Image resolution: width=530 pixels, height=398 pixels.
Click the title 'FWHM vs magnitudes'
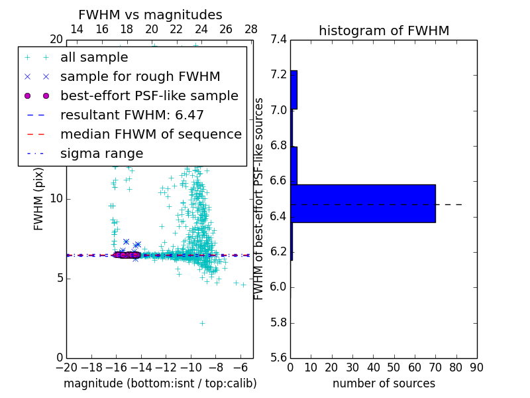(x=150, y=15)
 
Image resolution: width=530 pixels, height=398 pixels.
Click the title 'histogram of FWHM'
(x=384, y=31)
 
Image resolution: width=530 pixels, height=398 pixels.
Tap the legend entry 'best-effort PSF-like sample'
(x=149, y=96)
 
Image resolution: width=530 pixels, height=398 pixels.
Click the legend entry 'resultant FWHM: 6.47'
(x=132, y=115)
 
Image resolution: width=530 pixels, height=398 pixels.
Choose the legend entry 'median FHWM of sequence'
(x=150, y=134)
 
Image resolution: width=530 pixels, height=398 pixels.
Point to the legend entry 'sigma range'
(x=101, y=154)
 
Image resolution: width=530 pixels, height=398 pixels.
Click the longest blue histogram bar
(x=363, y=203)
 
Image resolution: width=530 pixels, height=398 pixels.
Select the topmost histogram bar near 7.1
(x=293, y=90)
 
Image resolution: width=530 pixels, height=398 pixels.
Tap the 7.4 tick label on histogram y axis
(x=279, y=39)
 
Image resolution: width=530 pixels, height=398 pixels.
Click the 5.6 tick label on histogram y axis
(x=279, y=358)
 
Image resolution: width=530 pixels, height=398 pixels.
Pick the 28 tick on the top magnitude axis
(x=251, y=29)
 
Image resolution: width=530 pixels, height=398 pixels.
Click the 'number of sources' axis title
(x=384, y=383)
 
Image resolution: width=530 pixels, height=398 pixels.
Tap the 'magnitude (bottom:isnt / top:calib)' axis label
(x=160, y=383)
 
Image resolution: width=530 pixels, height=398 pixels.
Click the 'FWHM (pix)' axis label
(x=39, y=198)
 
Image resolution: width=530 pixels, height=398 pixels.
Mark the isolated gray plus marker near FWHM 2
(x=202, y=323)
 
